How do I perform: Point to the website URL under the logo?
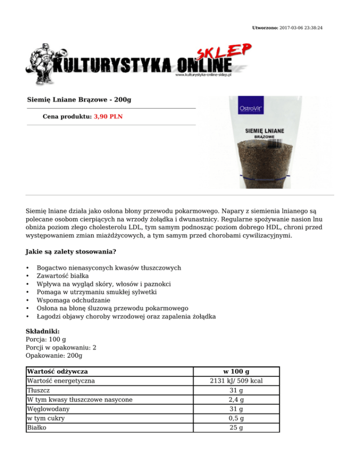(204, 75)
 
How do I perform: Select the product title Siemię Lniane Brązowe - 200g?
(79, 100)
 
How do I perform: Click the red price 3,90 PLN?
(108, 116)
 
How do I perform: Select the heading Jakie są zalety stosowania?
(71, 252)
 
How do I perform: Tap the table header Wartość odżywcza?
(57, 372)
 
